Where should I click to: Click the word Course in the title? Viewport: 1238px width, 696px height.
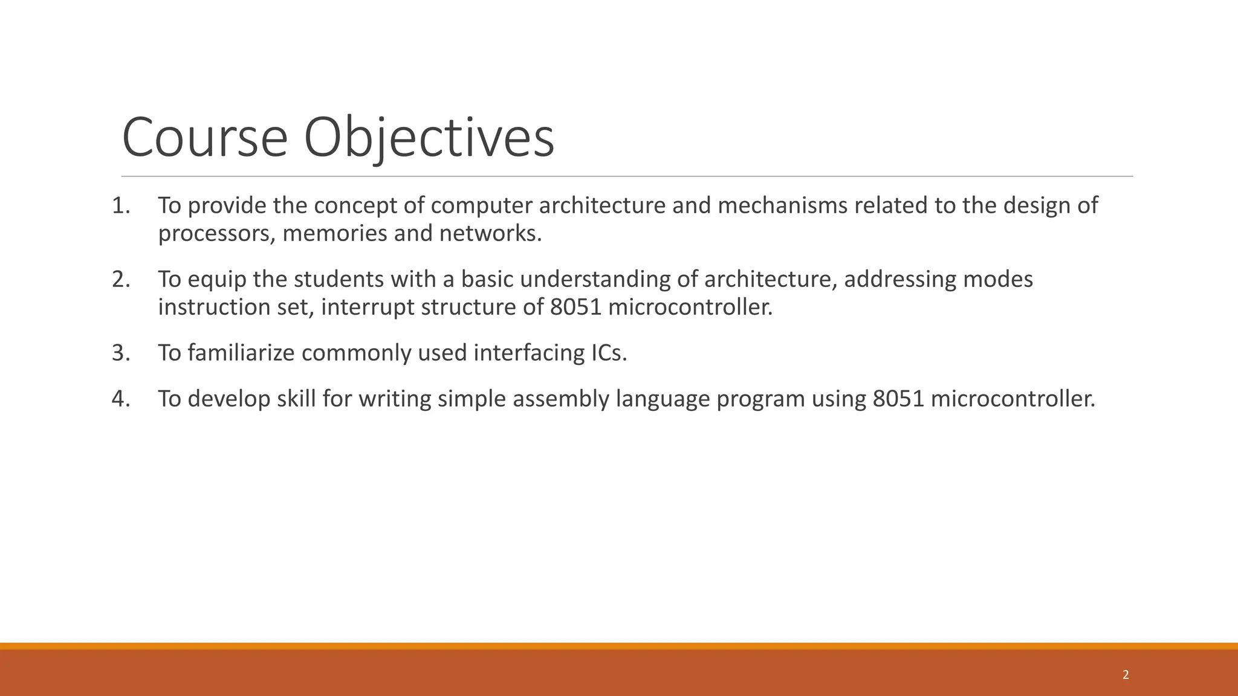(x=204, y=138)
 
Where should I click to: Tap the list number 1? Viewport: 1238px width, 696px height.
(x=120, y=206)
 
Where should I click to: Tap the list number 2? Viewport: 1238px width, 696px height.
(x=120, y=280)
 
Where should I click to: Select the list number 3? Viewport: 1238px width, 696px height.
(x=120, y=353)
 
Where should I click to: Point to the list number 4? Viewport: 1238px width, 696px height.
(x=120, y=399)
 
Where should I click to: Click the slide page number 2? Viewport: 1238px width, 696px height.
(x=1125, y=675)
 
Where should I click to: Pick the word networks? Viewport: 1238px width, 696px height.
(x=490, y=233)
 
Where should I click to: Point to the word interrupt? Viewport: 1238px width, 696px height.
(x=368, y=308)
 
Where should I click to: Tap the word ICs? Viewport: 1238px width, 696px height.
(x=606, y=353)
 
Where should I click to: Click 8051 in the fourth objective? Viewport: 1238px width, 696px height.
(x=898, y=399)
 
